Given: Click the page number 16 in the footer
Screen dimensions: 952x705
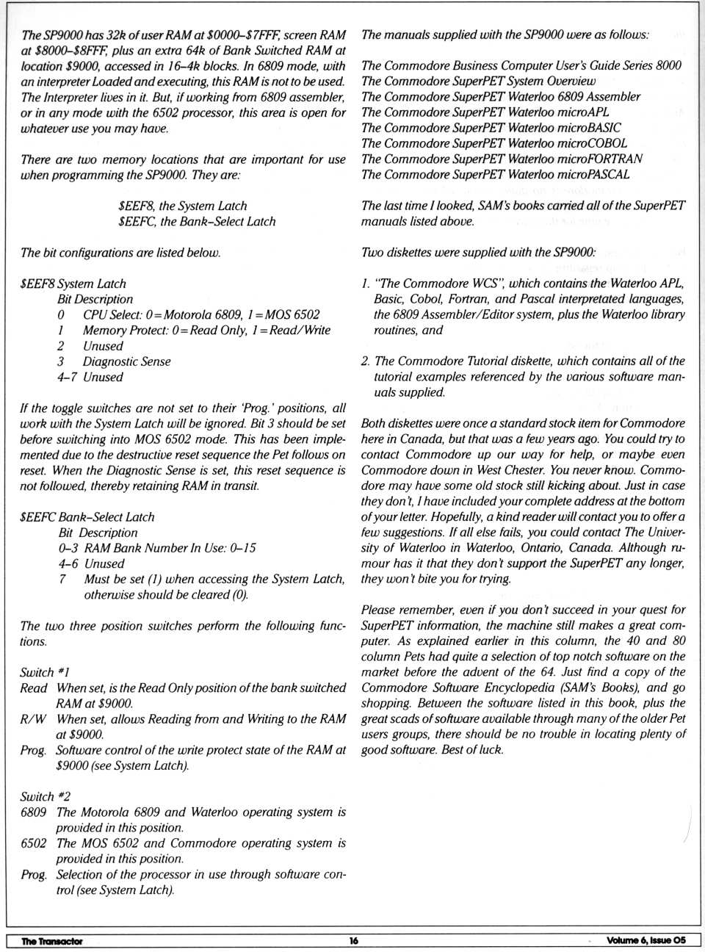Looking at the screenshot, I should click(354, 941).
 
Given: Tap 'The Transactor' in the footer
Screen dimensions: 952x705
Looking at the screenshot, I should click(52, 941).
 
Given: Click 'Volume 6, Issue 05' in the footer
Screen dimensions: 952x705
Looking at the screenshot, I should click(646, 941).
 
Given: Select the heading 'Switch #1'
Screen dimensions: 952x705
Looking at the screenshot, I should click(46, 672).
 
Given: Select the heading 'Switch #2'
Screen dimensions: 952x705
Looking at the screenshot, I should click(46, 796).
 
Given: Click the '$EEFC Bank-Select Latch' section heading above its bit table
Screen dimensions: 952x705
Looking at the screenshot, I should click(87, 517).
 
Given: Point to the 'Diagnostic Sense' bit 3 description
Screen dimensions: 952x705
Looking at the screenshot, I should click(126, 361).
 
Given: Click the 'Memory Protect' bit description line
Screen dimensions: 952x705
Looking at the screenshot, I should click(206, 331).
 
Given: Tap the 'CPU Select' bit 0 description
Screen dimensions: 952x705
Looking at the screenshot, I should click(201, 315).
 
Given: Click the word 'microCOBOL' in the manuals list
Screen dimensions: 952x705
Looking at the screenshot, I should click(591, 143).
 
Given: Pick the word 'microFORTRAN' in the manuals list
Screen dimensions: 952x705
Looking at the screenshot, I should click(599, 159).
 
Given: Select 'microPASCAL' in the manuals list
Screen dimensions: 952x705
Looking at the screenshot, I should click(593, 174).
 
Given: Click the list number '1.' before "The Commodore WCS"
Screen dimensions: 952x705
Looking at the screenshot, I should click(366, 284).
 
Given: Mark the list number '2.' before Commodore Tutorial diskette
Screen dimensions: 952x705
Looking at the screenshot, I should click(366, 361).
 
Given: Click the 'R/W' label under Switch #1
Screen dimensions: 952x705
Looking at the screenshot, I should click(33, 719).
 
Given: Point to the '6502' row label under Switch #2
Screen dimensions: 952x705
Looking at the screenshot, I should click(34, 843).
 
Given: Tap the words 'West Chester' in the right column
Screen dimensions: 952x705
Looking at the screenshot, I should click(510, 470).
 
